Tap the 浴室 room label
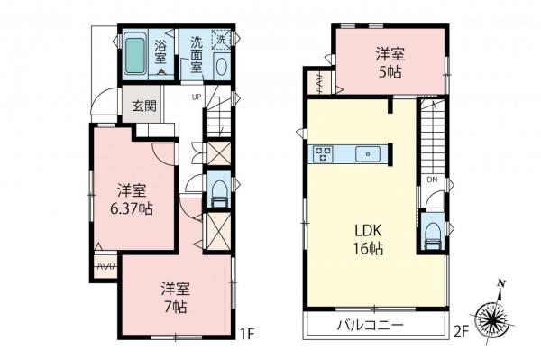click(162, 47)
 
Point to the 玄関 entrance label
click(145, 105)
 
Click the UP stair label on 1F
click(196, 97)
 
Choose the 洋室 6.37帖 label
click(132, 200)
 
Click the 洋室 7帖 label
click(175, 298)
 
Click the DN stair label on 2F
click(433, 180)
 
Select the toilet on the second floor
click(431, 232)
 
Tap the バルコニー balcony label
click(370, 325)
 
